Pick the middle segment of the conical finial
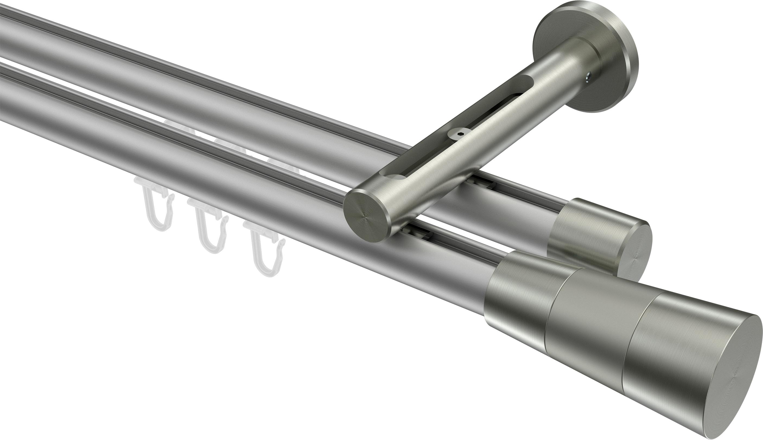click(592, 320)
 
